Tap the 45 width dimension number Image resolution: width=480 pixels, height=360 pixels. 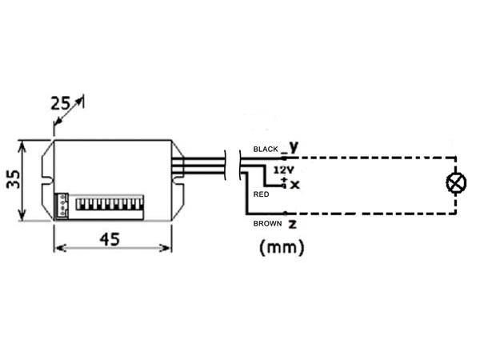112,238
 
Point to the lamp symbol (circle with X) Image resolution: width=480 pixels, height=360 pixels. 456,183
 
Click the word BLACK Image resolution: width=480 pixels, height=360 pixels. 265,150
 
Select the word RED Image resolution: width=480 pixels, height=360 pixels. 260,194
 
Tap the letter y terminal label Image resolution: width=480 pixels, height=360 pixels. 294,146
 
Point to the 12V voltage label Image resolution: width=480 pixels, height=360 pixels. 283,171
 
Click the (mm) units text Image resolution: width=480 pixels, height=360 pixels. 282,248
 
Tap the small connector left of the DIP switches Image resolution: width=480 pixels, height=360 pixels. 63,205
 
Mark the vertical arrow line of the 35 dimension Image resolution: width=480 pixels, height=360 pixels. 24,182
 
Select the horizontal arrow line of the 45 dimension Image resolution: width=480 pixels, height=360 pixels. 112,249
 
